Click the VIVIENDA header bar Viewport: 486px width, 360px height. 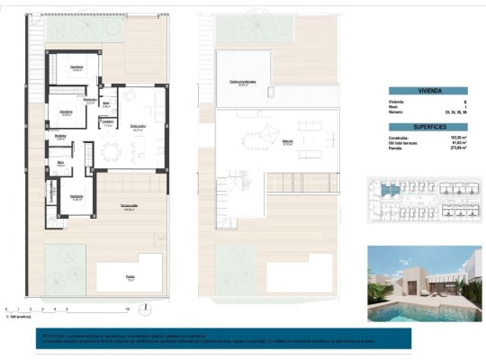coord(428,91)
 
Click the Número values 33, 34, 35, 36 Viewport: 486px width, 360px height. coord(454,113)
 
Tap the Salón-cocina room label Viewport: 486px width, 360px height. coord(139,128)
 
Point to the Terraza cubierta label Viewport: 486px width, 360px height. coord(129,209)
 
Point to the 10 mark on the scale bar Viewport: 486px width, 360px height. coord(127,309)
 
